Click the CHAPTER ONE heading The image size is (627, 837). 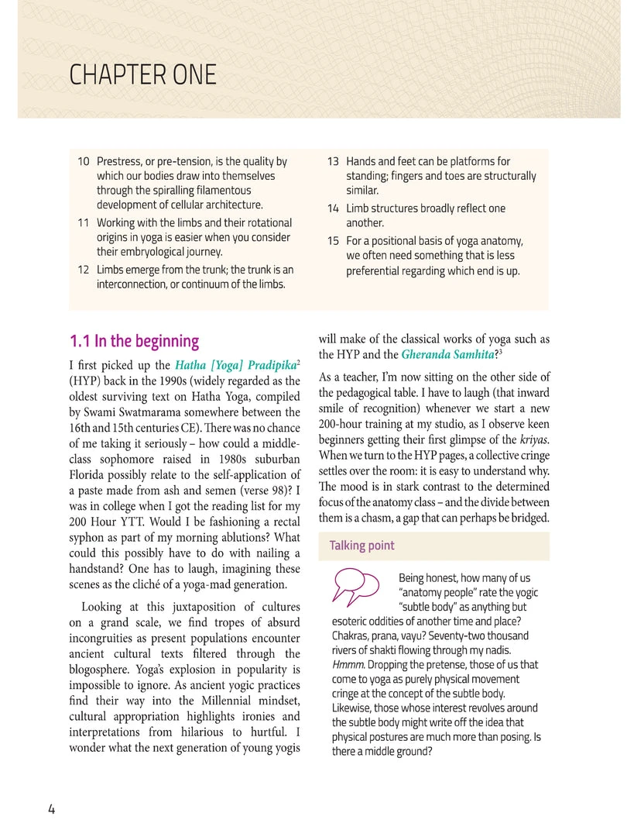(x=142, y=76)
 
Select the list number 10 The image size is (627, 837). (x=83, y=162)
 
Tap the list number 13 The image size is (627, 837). (x=333, y=162)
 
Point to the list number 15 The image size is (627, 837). (x=333, y=240)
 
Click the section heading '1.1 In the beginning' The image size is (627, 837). (x=134, y=342)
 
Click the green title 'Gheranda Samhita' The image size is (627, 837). (x=447, y=355)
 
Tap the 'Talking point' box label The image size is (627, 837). (x=361, y=546)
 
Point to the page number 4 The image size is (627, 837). (x=51, y=809)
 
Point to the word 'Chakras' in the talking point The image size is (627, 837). (x=351, y=636)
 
